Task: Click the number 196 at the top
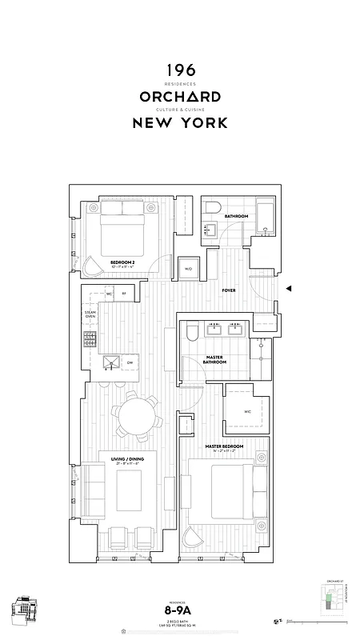click(180, 70)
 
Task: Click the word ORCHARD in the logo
click(180, 96)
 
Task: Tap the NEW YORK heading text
click(180, 122)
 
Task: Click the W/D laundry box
click(189, 268)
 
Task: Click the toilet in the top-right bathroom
click(211, 210)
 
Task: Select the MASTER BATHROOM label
click(215, 359)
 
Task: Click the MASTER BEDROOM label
click(224, 446)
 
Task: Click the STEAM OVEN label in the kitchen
click(90, 314)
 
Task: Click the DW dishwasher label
click(130, 362)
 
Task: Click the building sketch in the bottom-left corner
click(25, 610)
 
